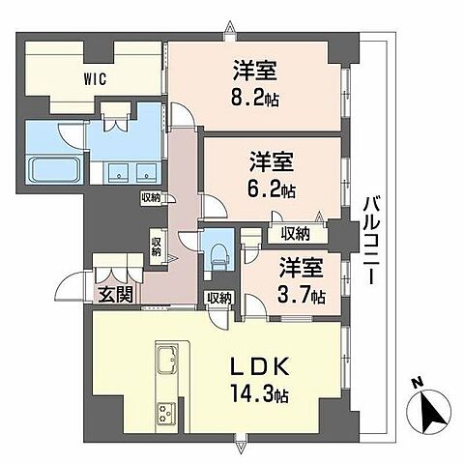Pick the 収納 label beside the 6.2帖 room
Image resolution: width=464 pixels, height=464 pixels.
(296, 233)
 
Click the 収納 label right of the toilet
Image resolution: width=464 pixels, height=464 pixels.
(217, 298)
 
